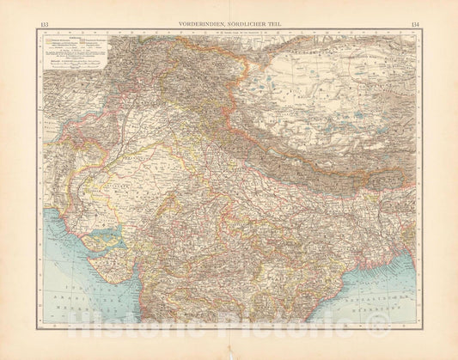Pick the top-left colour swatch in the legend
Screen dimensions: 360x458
pyautogui.click(x=43, y=38)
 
